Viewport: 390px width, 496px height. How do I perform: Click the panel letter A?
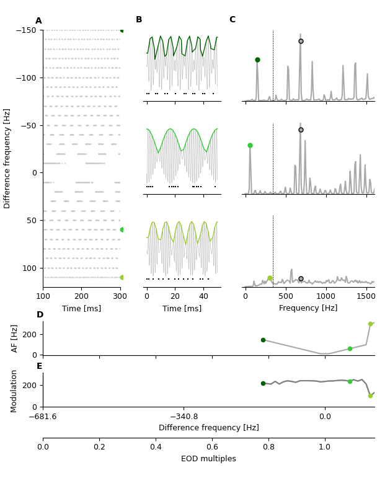(x=38, y=21)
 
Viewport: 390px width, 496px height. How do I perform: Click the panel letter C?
(x=233, y=20)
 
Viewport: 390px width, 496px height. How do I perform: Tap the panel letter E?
(x=40, y=366)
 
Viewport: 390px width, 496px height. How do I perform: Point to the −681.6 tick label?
(x=43, y=416)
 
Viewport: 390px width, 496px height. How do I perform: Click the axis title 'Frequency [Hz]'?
(x=308, y=308)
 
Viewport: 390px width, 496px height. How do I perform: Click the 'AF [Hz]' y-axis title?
(x=15, y=339)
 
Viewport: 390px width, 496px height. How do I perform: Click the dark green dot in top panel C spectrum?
(x=257, y=60)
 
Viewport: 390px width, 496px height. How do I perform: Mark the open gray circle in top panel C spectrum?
(x=301, y=42)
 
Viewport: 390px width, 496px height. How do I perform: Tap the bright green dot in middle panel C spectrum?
(x=250, y=146)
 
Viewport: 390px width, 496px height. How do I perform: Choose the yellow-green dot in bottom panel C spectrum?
(x=270, y=278)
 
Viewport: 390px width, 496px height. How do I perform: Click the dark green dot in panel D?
(x=263, y=340)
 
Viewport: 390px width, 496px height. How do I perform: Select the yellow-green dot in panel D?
(x=370, y=324)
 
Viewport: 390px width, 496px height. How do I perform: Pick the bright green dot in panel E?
(x=350, y=381)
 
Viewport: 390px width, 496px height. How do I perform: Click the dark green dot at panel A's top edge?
(x=122, y=30)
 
